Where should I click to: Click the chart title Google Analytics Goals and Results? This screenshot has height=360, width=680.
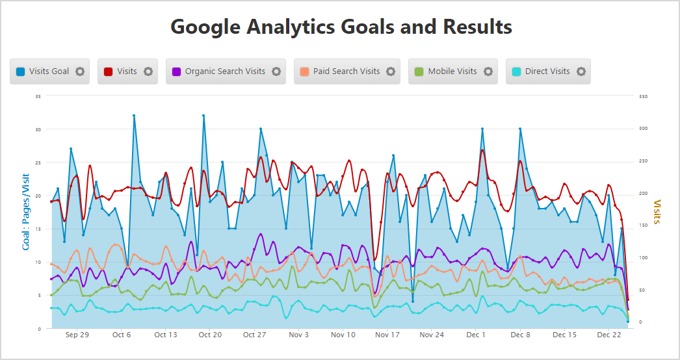[x=341, y=27]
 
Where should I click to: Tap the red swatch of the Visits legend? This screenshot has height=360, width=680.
[x=109, y=71]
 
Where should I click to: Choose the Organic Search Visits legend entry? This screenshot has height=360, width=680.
[x=225, y=71]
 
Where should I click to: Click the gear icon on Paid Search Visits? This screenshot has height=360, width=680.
[x=391, y=71]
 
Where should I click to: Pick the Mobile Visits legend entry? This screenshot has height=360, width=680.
[x=452, y=71]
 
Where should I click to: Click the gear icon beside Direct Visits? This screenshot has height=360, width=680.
[x=581, y=71]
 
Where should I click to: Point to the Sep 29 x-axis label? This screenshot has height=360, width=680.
[x=77, y=335]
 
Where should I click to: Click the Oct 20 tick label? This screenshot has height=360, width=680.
[x=210, y=335]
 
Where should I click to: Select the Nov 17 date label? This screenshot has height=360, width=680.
[x=387, y=335]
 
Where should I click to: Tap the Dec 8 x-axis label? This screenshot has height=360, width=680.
[x=520, y=335]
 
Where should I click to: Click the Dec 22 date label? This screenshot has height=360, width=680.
[x=609, y=335]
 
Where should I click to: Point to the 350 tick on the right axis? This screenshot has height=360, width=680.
[x=643, y=96]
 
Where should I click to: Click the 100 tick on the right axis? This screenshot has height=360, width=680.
[x=643, y=258]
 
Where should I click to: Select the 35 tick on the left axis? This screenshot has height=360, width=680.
[x=38, y=96]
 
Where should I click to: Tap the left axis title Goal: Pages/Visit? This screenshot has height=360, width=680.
[x=26, y=212]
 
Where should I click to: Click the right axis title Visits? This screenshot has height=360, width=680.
[x=657, y=212]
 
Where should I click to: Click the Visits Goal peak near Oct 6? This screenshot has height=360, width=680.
[x=134, y=116]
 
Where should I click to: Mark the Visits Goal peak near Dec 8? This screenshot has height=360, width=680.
[x=520, y=129]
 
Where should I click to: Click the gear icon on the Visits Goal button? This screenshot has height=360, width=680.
[x=80, y=71]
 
